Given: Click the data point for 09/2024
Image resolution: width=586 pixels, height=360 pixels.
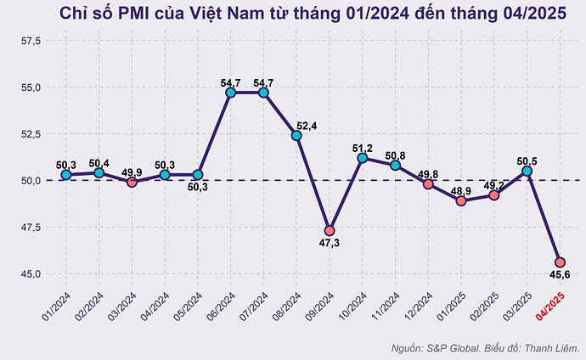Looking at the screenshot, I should click(330, 231).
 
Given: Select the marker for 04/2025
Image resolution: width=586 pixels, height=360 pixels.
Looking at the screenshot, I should click(560, 262).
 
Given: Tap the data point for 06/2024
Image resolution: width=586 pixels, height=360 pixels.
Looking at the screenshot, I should click(230, 93).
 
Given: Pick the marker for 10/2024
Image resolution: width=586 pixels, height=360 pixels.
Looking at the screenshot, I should click(363, 158).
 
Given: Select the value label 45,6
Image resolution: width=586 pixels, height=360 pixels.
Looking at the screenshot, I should click(560, 274).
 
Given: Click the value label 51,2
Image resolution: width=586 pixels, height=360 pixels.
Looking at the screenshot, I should click(363, 149).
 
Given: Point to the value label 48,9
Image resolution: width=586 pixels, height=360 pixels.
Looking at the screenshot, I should click(461, 191).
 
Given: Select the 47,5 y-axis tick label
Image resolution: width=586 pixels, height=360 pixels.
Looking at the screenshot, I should click(31, 227).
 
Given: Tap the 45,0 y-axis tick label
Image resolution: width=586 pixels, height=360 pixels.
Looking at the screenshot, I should click(31, 273).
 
